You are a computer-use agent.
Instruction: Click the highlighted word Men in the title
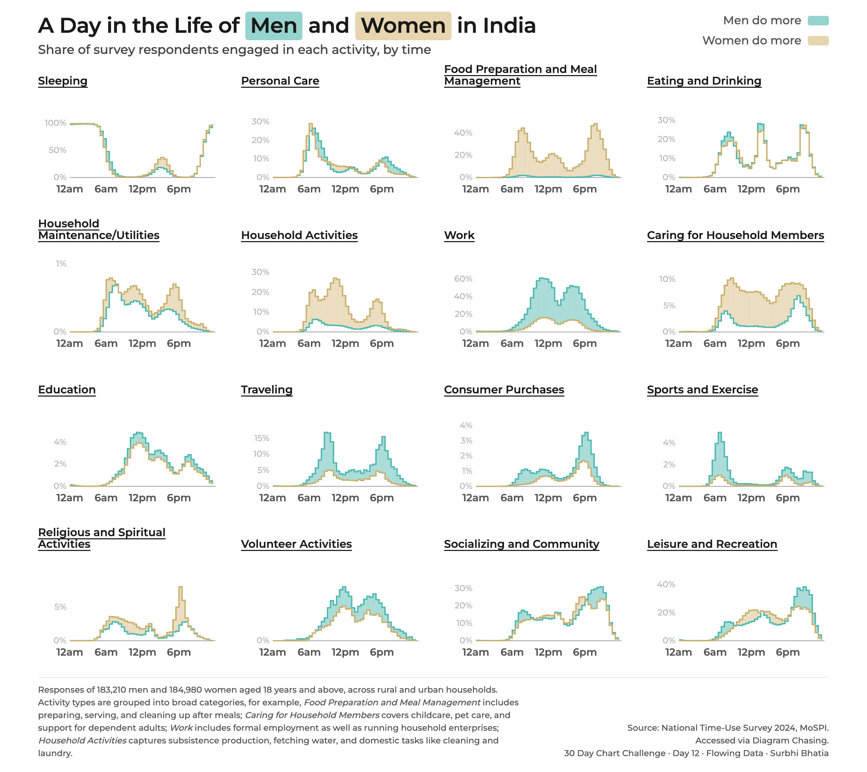(x=273, y=26)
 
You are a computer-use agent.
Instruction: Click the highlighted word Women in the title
(x=403, y=26)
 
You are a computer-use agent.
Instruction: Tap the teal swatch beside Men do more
(x=818, y=21)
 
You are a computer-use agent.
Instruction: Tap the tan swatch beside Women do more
(x=818, y=41)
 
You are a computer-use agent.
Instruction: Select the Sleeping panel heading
(x=63, y=81)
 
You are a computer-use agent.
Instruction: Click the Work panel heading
(x=459, y=235)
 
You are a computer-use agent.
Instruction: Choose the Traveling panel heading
(x=267, y=390)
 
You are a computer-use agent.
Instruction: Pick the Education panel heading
(x=67, y=390)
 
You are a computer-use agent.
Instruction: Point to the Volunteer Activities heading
(x=296, y=544)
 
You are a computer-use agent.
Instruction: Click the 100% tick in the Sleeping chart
(x=56, y=123)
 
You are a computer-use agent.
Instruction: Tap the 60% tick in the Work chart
(x=463, y=279)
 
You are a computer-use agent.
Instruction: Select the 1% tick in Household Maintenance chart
(x=61, y=264)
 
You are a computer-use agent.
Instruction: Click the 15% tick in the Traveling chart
(x=262, y=438)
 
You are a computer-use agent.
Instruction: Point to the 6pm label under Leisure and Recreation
(x=788, y=652)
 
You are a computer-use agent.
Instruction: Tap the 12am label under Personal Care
(x=272, y=189)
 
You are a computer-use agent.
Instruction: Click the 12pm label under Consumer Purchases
(x=548, y=498)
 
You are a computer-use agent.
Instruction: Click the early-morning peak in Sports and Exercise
(x=720, y=434)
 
